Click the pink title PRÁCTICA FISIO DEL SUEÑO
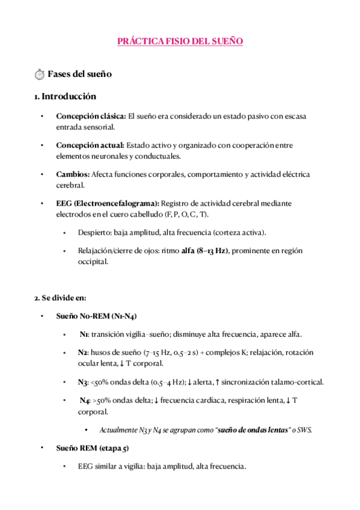tap(180, 41)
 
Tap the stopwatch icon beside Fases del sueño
tap(40, 75)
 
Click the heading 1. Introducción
tap(65, 96)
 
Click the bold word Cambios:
tap(72, 174)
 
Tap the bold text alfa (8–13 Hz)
tap(205, 250)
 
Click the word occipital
tap(93, 262)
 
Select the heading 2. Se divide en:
tap(60, 297)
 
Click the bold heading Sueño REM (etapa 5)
tap(92, 448)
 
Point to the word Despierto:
tap(94, 232)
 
